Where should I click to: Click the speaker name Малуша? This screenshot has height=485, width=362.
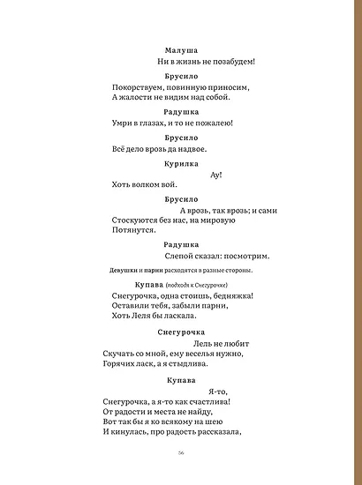click(x=181, y=51)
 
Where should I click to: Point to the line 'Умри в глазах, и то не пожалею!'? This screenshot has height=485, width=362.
click(x=173, y=123)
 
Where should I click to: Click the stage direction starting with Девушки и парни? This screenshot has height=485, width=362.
click(x=181, y=270)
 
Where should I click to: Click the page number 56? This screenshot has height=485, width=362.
click(x=180, y=452)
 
